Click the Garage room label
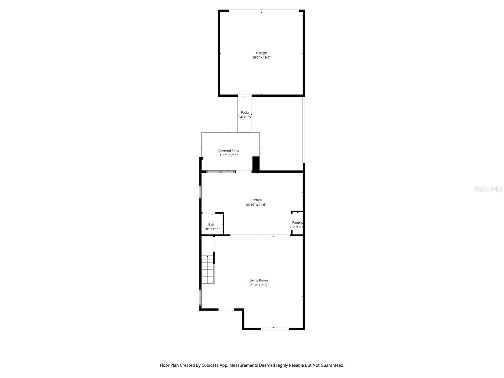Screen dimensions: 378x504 click(x=261, y=53)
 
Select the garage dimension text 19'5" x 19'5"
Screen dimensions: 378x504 click(x=261, y=58)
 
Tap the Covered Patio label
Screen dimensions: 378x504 click(x=229, y=151)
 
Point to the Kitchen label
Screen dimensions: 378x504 click(x=256, y=200)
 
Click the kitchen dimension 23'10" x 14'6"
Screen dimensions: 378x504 click(x=256, y=205)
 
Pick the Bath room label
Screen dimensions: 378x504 click(x=212, y=225)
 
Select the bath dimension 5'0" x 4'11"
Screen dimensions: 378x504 click(x=212, y=229)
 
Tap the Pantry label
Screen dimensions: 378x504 click(x=297, y=222)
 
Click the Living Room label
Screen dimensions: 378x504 click(x=259, y=280)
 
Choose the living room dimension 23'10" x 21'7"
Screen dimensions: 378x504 click(x=259, y=285)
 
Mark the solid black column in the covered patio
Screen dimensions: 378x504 click(x=256, y=164)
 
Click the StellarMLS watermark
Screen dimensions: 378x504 click(x=488, y=189)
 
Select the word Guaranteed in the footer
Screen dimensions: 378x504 click(x=332, y=365)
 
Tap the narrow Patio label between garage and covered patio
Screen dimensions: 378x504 click(x=245, y=112)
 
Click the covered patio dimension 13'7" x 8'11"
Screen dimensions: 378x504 click(x=229, y=155)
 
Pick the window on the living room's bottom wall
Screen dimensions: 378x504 click(x=275, y=329)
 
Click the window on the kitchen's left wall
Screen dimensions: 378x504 click(x=200, y=192)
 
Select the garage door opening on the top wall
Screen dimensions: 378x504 click(x=264, y=11)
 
